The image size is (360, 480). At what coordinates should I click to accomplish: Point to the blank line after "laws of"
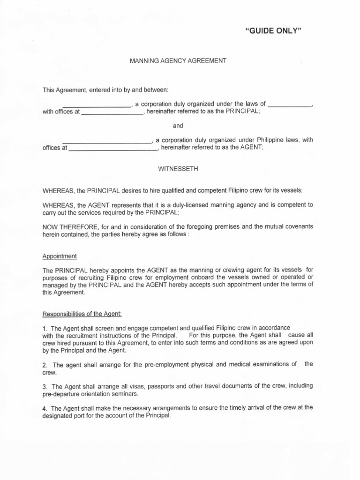(291, 105)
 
